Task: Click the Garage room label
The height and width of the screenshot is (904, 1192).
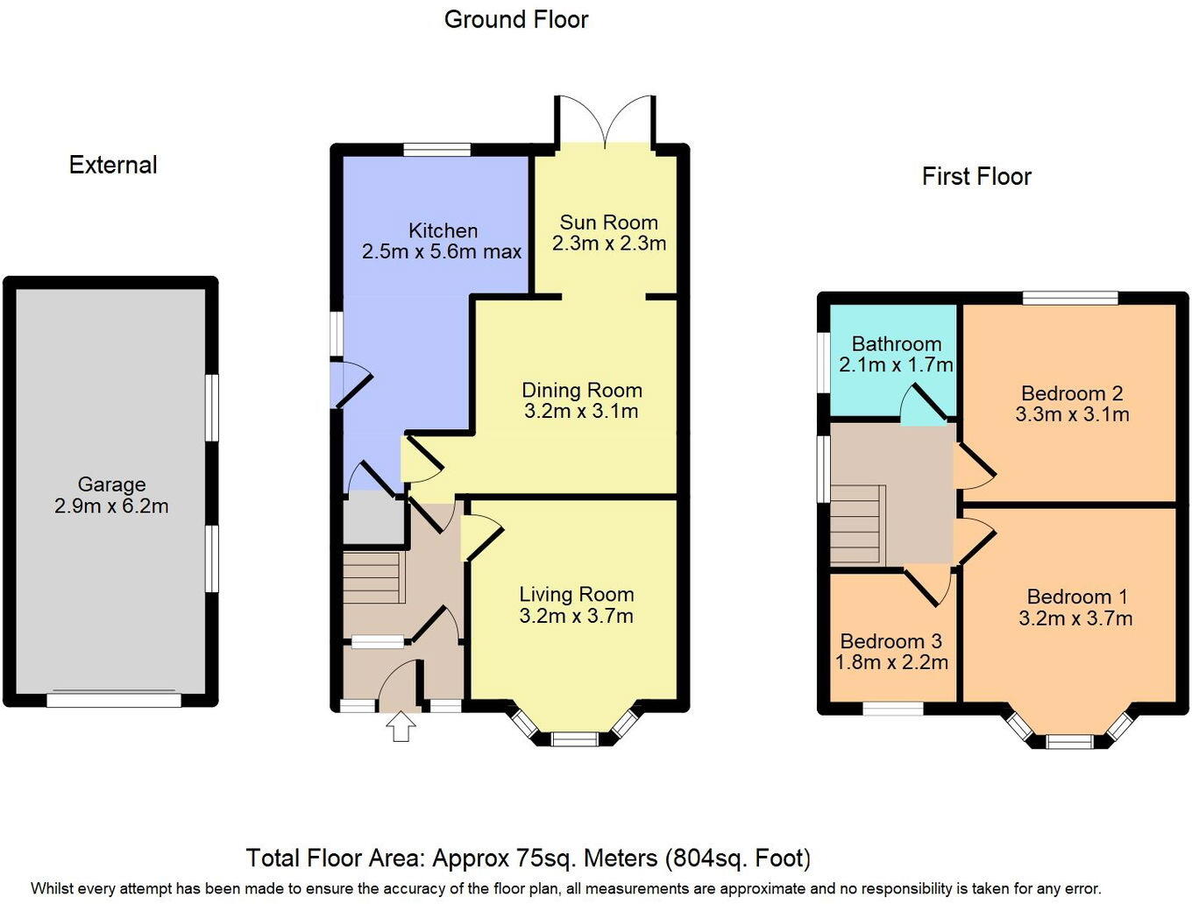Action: [111, 484]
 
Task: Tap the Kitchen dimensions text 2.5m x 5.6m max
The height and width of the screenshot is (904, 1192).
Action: [442, 252]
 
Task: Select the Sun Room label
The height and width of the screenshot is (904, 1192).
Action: [608, 222]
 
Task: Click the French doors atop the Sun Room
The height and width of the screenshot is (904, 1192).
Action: [605, 123]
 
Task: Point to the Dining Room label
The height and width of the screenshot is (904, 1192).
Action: [582, 391]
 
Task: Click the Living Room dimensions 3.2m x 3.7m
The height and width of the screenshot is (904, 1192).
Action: [576, 616]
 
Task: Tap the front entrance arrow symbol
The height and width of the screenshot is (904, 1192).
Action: [401, 726]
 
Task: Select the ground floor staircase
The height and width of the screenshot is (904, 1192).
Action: [373, 577]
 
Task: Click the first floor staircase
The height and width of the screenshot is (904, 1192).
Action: [855, 524]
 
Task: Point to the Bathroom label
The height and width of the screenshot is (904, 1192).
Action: [896, 344]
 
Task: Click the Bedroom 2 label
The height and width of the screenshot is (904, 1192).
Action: [1072, 393]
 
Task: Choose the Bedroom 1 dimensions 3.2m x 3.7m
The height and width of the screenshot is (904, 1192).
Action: [1075, 618]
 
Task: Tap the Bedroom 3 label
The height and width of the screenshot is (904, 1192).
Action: [890, 641]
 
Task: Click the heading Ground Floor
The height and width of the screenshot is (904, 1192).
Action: [516, 19]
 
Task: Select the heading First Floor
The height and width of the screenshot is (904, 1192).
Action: [976, 176]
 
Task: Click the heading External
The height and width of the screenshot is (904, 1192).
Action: [113, 165]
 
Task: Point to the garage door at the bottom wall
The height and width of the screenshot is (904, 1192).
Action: [113, 700]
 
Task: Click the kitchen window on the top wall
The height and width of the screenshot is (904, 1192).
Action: [436, 150]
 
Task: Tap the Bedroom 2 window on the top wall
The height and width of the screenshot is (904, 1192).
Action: [1070, 298]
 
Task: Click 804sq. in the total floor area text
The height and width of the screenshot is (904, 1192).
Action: [703, 858]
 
